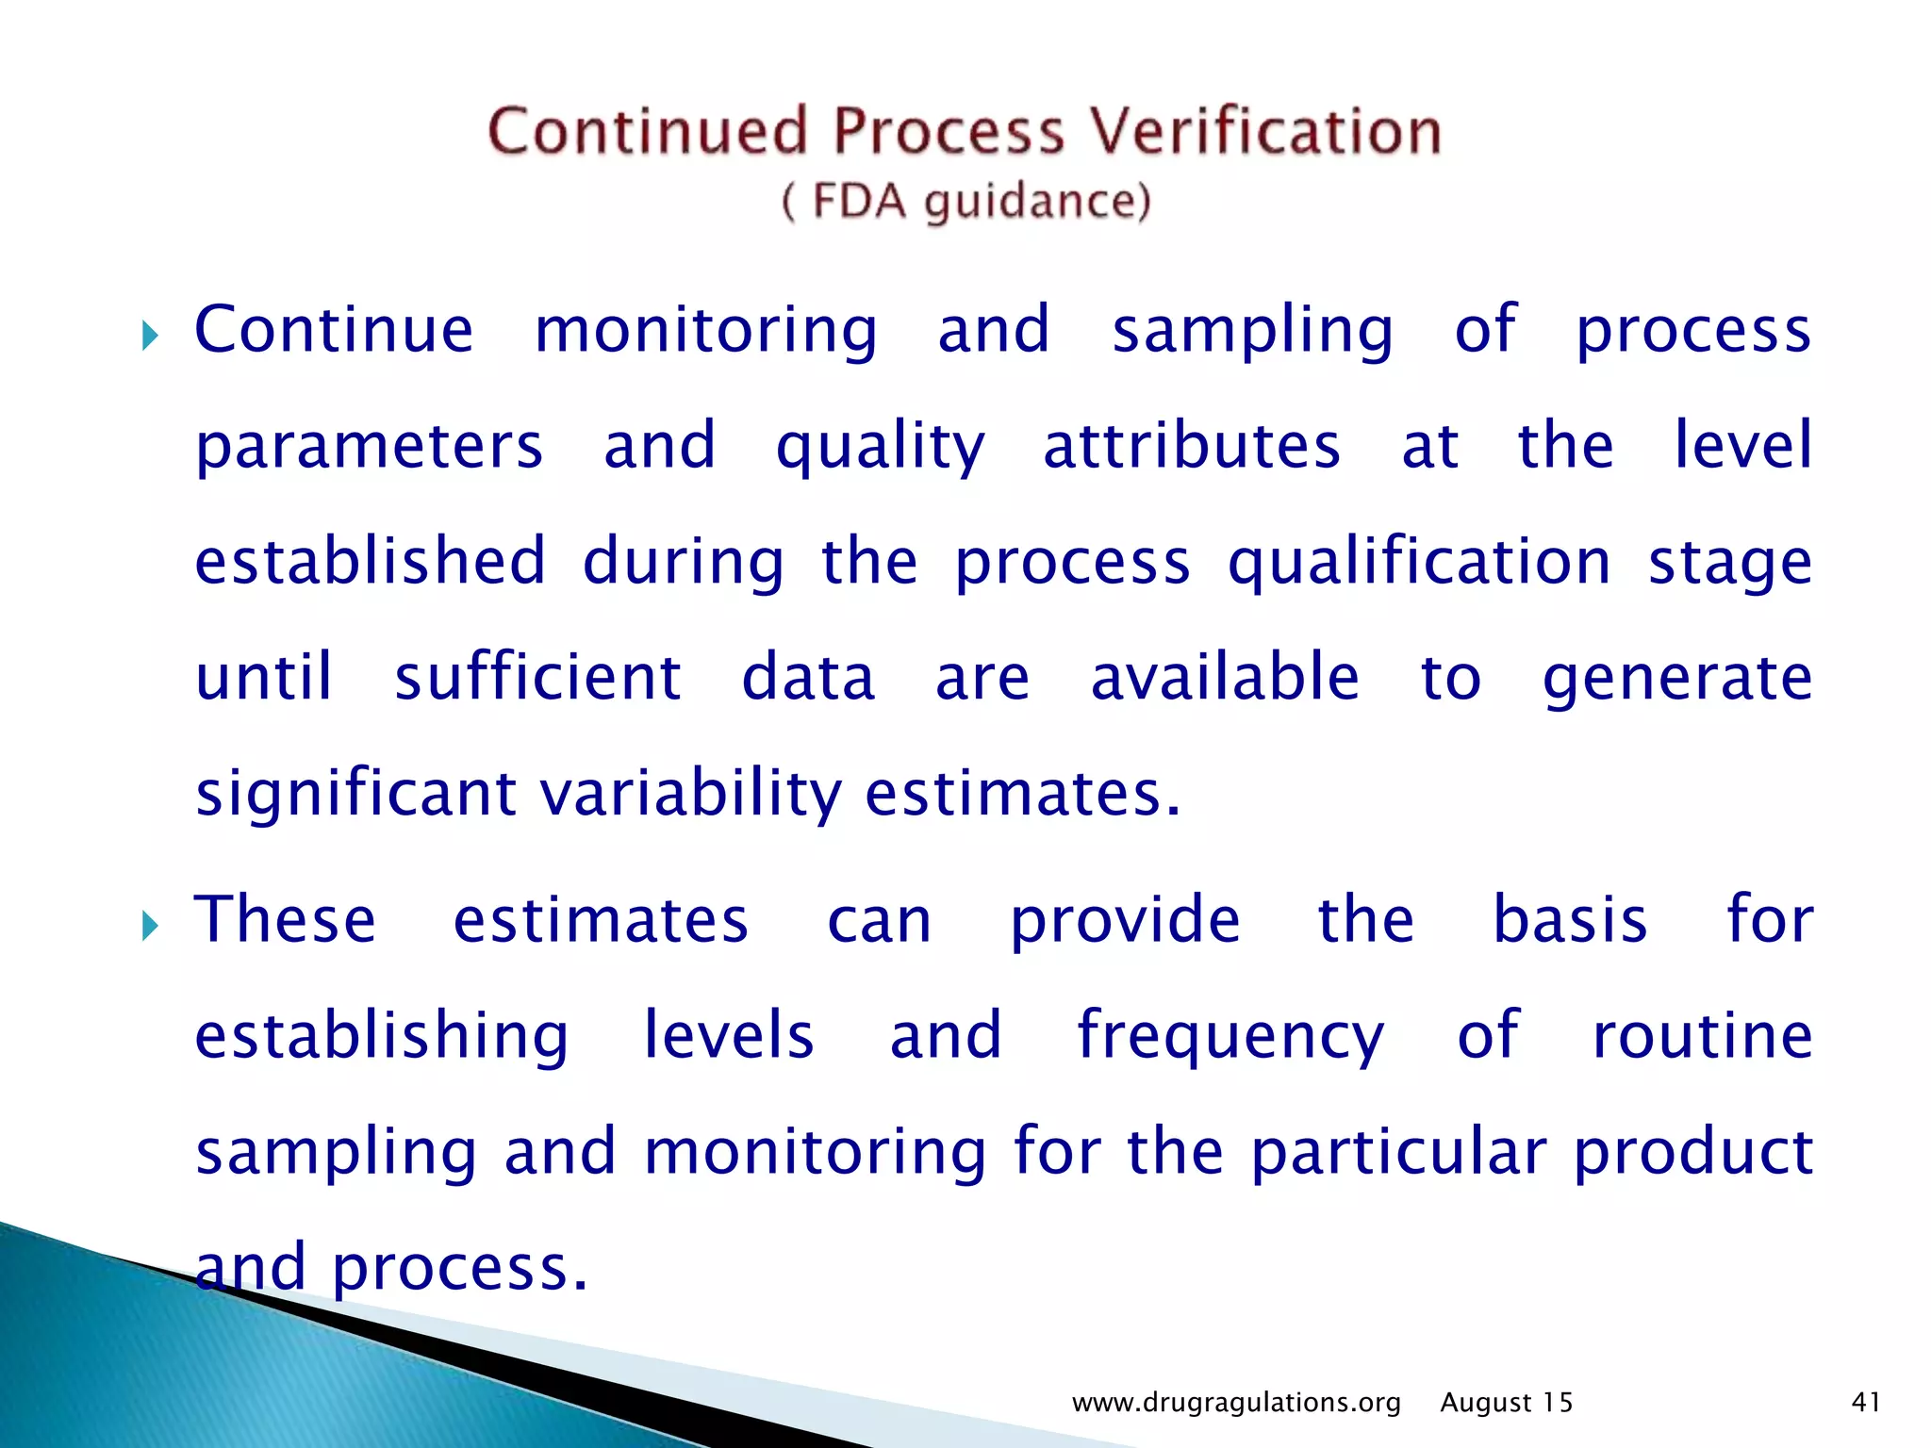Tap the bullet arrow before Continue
150,336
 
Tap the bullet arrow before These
150,926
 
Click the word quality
880,448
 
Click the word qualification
1419,563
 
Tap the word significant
355,795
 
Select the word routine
1702,1035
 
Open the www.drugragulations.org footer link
1236,1403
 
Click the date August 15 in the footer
1506,1403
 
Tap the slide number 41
1866,1402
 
